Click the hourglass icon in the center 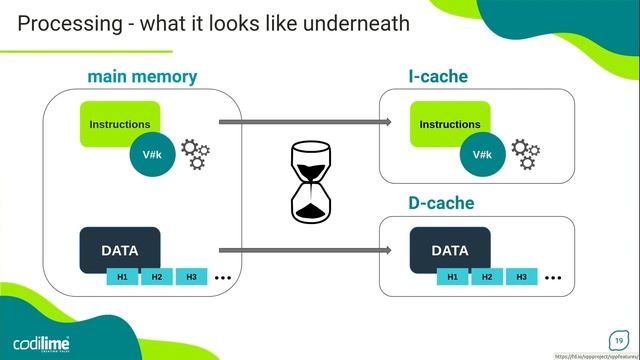(x=309, y=182)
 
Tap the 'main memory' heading (x=142, y=76)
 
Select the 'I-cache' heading (x=438, y=76)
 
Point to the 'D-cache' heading (x=441, y=204)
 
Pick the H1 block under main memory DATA (x=122, y=277)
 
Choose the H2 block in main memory (x=156, y=277)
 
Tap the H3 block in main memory (x=190, y=277)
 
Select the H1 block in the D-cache (x=453, y=277)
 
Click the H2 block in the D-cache (x=487, y=277)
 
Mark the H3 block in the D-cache (x=521, y=277)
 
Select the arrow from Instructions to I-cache (x=305, y=122)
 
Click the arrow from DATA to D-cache (x=305, y=251)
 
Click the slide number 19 (x=618, y=339)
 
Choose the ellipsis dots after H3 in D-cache (x=553, y=277)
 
